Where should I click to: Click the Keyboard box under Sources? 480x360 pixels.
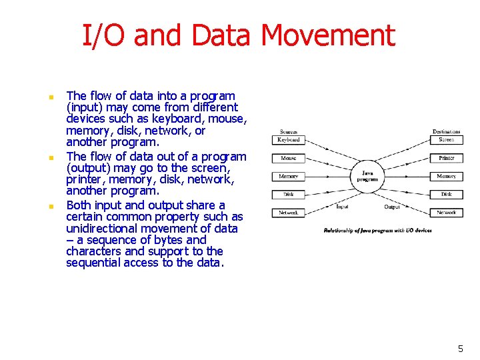[x=289, y=140]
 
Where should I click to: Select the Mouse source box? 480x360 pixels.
[x=289, y=159]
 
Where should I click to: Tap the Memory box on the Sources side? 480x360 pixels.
[x=289, y=177]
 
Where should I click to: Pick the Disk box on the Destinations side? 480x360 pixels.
[x=446, y=195]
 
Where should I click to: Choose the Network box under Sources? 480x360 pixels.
[x=289, y=213]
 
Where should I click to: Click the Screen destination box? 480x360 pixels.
[x=446, y=140]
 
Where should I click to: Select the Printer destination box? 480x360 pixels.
[x=446, y=159]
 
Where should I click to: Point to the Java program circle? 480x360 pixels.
[x=367, y=176]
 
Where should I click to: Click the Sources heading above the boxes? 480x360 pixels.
[x=289, y=132]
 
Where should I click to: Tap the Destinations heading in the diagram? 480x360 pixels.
[x=446, y=132]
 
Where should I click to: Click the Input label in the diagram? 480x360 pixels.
[x=342, y=207]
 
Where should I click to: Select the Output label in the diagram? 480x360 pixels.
[x=392, y=207]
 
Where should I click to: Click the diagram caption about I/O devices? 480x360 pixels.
[x=377, y=231]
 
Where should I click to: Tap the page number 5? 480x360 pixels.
[x=460, y=349]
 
